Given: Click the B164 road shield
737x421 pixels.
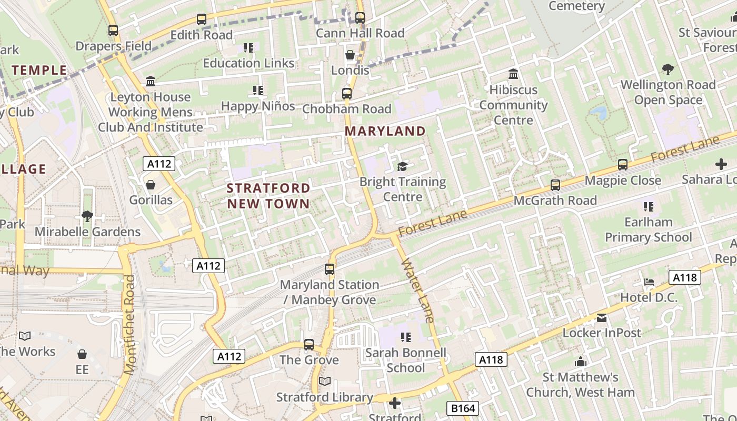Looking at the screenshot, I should [x=463, y=408].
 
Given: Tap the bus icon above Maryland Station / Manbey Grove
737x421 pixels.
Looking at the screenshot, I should [x=330, y=269].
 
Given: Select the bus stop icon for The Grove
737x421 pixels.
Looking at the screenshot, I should [x=309, y=345].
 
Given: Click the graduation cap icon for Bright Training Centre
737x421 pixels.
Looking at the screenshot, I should [x=402, y=167].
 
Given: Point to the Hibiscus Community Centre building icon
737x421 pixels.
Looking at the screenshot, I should [x=513, y=74].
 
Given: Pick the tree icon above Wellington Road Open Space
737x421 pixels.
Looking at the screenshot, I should [x=668, y=69].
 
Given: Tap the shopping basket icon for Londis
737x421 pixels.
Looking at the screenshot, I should [x=350, y=55].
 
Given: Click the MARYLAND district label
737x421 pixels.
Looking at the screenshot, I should [x=385, y=131].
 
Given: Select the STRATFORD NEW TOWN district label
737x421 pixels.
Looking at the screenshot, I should [x=268, y=196].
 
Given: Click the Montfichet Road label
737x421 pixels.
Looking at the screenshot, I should [x=130, y=325].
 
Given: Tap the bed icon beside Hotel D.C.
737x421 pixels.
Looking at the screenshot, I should [x=649, y=282].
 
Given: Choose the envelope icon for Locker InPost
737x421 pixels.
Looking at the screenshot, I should [x=602, y=318].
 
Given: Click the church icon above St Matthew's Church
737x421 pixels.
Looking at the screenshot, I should [x=581, y=362].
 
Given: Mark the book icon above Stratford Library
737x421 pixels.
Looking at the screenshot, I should [x=325, y=382].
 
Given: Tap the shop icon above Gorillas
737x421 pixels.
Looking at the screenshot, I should [x=151, y=185].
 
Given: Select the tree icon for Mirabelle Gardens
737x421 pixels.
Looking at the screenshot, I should [x=87, y=216].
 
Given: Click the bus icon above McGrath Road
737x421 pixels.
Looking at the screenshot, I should [x=555, y=185].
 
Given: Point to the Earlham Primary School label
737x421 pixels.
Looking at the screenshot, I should [x=648, y=229].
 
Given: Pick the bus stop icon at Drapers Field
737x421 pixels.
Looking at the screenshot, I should [x=113, y=31].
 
